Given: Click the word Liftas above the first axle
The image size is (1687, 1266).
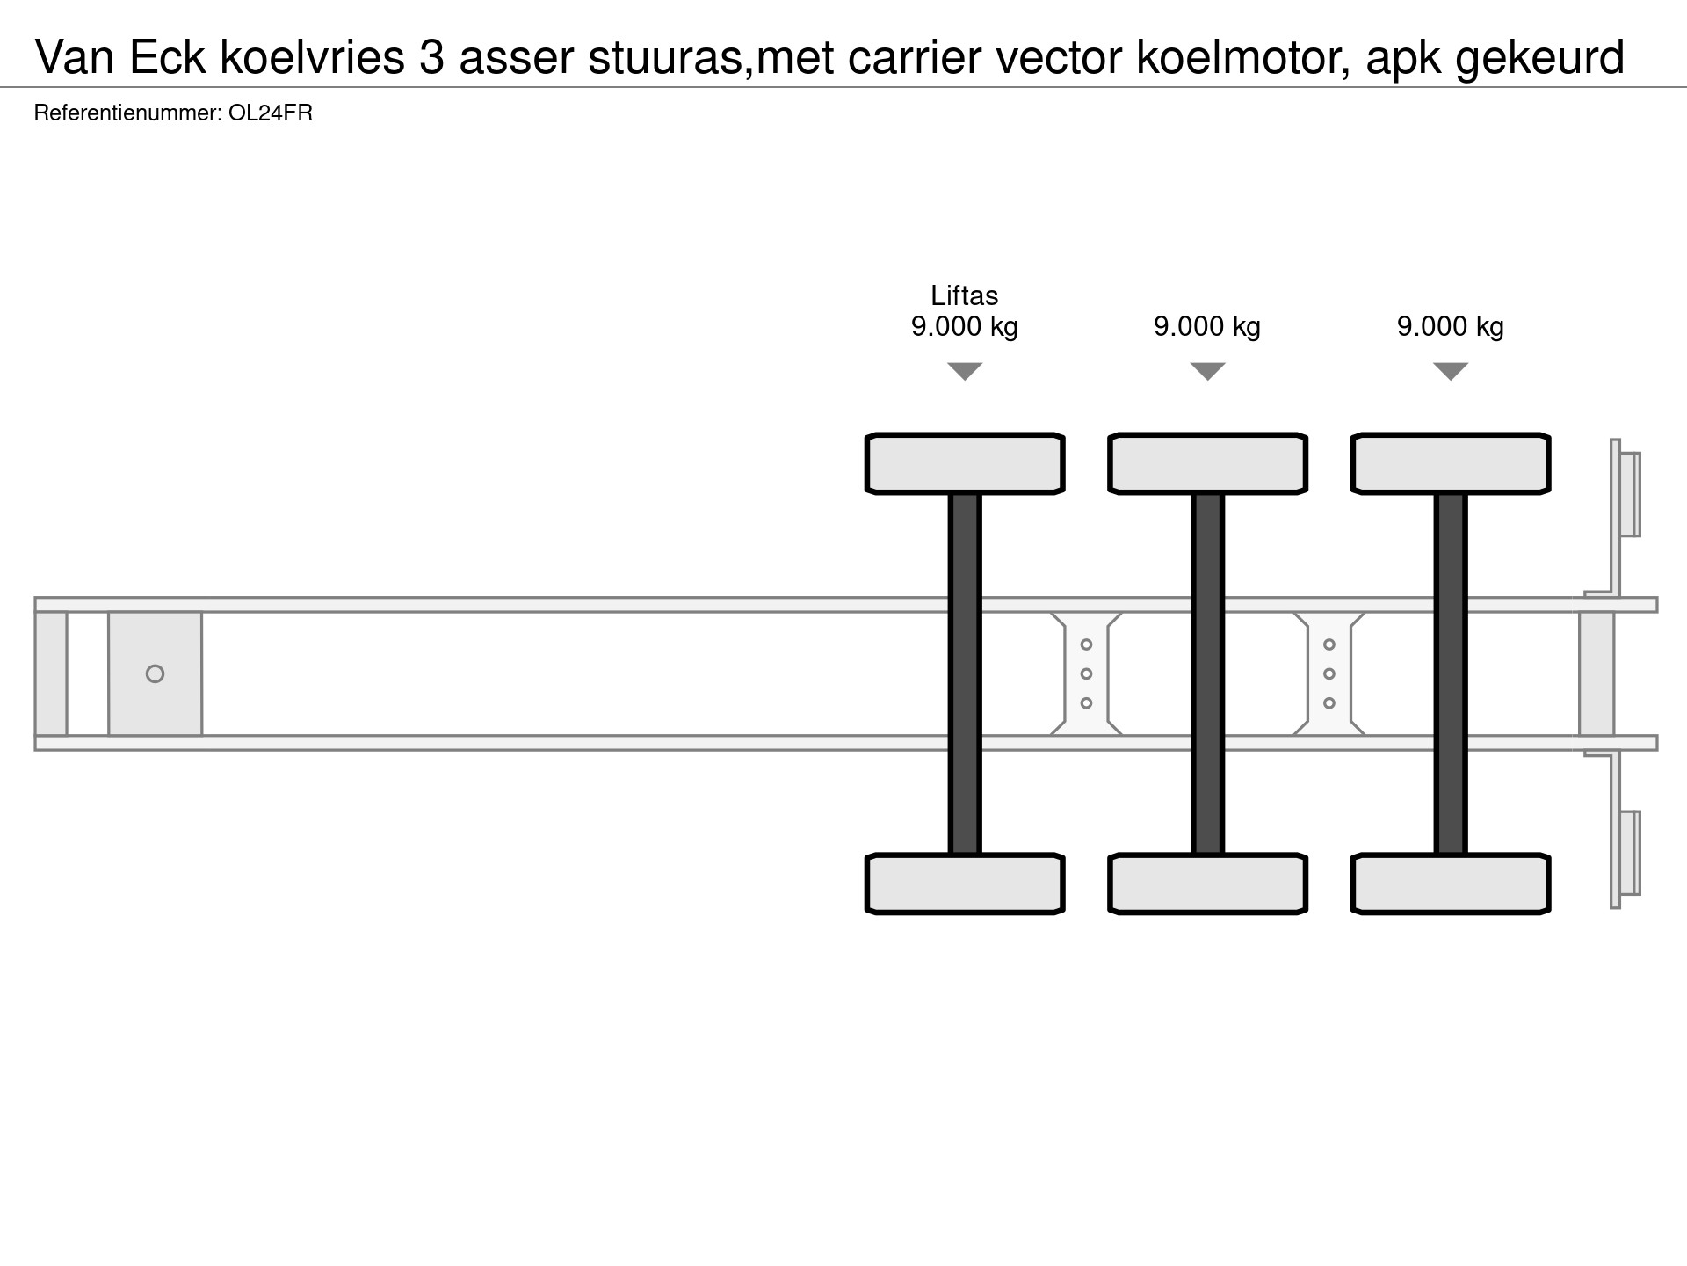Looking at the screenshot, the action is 964,295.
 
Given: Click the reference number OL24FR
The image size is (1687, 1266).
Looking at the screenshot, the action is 271,113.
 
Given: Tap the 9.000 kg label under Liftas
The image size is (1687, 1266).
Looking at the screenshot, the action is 964,327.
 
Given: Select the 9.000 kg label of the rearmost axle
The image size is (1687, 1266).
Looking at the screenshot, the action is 1450,327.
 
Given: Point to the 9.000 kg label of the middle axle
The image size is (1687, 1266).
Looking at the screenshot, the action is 1207,327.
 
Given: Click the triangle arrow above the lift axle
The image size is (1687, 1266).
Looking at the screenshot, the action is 965,372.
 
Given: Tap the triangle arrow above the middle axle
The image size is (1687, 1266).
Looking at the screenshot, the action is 1207,372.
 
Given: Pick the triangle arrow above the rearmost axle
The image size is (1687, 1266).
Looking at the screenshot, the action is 1451,372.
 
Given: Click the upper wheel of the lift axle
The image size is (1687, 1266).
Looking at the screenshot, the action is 965,463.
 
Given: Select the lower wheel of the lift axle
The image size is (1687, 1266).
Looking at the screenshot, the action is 965,884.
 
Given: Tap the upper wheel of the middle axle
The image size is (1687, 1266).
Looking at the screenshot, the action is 1207,463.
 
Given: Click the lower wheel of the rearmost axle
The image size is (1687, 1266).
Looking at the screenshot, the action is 1451,884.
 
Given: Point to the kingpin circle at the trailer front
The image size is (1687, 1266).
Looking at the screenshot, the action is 155,674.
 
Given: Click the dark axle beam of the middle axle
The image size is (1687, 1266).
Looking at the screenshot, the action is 1207,673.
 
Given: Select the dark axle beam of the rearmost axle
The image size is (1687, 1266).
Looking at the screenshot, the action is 1451,673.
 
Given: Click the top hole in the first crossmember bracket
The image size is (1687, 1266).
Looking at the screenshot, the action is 1086,644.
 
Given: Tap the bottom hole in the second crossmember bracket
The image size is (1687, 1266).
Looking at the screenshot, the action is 1329,703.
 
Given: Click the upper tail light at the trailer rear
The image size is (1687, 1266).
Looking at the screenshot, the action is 1630,494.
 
